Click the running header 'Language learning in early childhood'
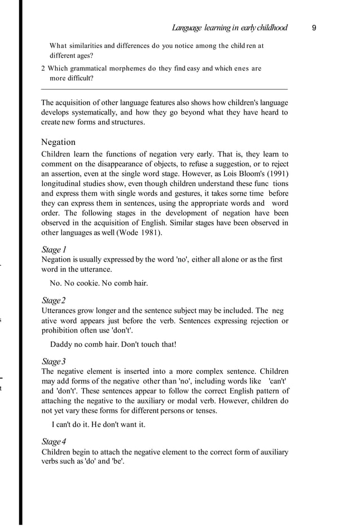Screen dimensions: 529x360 pos(230,28)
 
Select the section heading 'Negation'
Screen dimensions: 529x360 pos(58,142)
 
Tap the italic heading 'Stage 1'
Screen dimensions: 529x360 pos(54,249)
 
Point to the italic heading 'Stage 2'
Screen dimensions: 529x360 pos(54,300)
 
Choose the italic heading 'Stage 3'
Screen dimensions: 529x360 pos(54,361)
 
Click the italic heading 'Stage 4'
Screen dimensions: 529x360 pos(54,442)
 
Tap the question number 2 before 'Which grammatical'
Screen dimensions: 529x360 pos(43,68)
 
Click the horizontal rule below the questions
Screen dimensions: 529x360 pos(165,89)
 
